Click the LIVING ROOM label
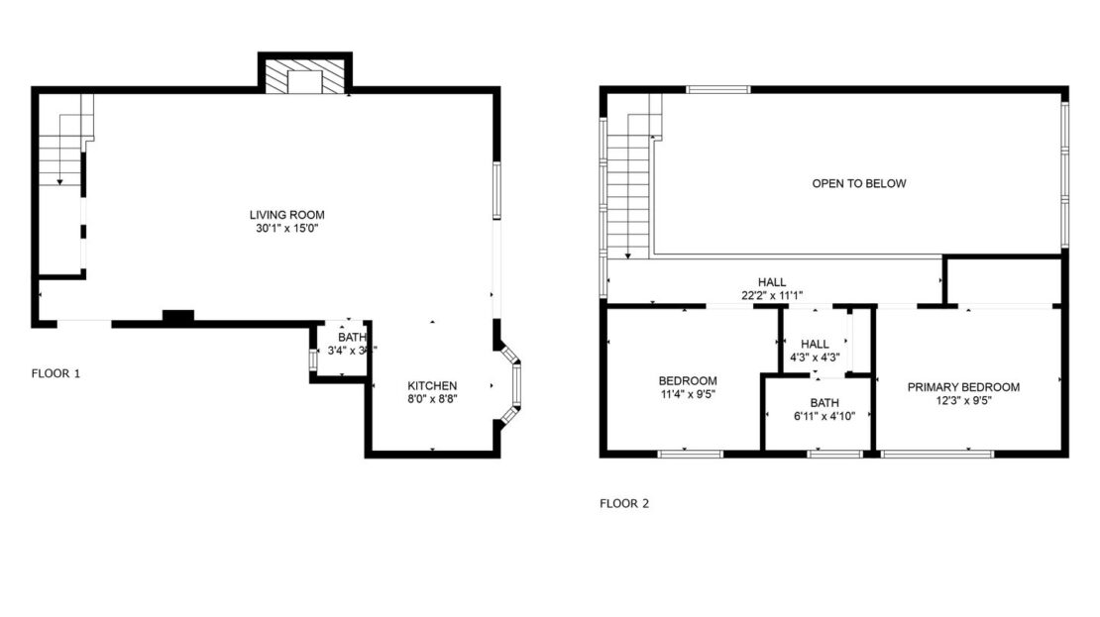286,214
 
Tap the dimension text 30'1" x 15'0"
286,228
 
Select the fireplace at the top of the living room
305,78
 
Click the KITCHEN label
432,385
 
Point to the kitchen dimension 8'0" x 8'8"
432,399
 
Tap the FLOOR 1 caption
55,373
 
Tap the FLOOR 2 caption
624,503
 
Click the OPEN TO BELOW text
858,183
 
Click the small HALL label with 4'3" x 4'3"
815,344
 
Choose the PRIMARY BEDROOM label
963,387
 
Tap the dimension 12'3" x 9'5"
963,401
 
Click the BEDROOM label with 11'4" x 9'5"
688,380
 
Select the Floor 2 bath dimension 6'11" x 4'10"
824,417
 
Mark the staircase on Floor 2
627,188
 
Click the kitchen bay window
513,385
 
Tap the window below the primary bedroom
937,454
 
